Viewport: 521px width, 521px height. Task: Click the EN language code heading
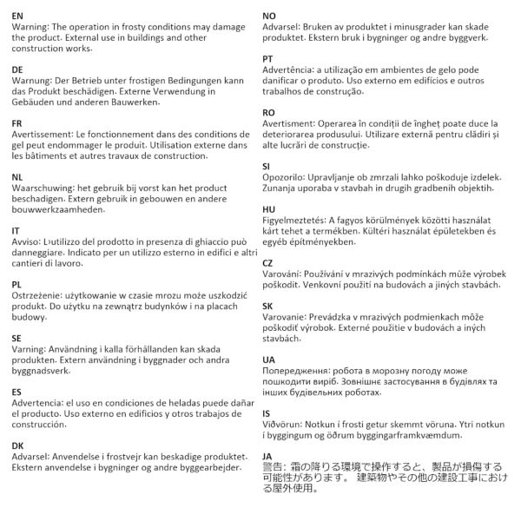pyautogui.click(x=17, y=16)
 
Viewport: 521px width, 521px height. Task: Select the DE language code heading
pyautogui.click(x=17, y=69)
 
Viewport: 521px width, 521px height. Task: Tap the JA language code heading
pyautogui.click(x=267, y=454)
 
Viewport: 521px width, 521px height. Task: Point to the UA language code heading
pyautogui.click(x=268, y=359)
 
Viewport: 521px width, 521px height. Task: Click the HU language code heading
pyautogui.click(x=269, y=209)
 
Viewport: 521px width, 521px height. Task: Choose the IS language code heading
pyautogui.click(x=267, y=413)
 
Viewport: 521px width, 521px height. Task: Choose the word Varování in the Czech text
pyautogui.click(x=286, y=274)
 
